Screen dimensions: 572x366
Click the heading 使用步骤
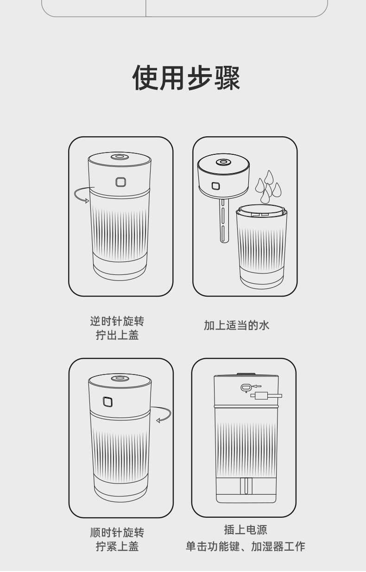point(186,78)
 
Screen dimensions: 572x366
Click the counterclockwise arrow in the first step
point(82,195)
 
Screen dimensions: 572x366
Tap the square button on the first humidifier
point(121,182)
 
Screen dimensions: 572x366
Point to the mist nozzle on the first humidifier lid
point(120,157)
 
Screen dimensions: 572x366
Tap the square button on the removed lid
point(215,186)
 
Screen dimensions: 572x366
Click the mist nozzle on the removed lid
point(223,162)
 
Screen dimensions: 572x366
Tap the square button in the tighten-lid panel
point(108,401)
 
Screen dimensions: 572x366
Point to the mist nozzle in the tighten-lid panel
point(120,378)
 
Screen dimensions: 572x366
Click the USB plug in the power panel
point(265,395)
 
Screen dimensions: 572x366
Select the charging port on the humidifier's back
point(245,387)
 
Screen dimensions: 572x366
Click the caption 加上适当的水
point(237,325)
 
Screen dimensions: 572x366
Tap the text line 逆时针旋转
point(117,321)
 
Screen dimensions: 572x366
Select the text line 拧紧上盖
point(117,547)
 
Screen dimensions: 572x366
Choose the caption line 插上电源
point(245,529)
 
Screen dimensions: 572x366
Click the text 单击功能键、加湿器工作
point(245,547)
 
